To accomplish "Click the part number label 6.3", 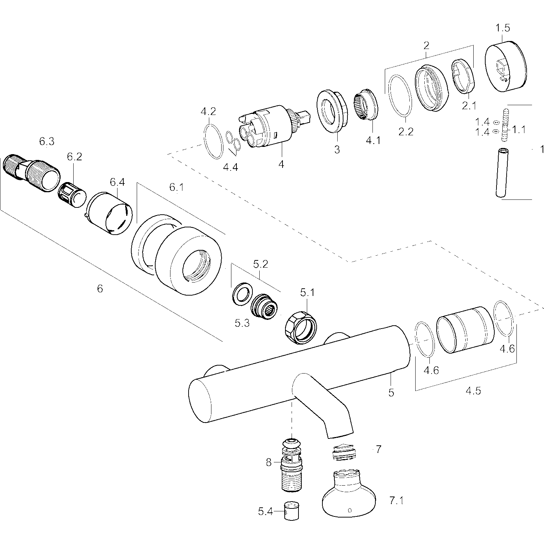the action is [47, 142].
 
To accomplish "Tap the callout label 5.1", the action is [307, 293].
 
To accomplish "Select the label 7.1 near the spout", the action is [396, 501].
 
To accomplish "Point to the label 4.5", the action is [473, 391].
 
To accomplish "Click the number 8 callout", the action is [269, 463].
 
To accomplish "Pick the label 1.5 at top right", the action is [503, 28].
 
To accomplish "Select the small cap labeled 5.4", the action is [289, 511].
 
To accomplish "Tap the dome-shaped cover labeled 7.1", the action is [348, 494].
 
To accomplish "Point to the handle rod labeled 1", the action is [502, 173].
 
